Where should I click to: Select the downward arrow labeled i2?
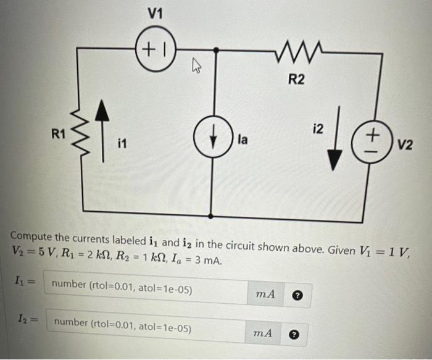[x=334, y=142]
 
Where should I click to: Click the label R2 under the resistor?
[x=296, y=79]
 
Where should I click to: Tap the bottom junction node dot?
[x=212, y=217]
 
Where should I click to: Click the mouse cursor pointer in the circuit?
[x=191, y=64]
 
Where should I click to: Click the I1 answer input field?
[x=148, y=287]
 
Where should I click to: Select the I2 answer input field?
[x=148, y=324]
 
